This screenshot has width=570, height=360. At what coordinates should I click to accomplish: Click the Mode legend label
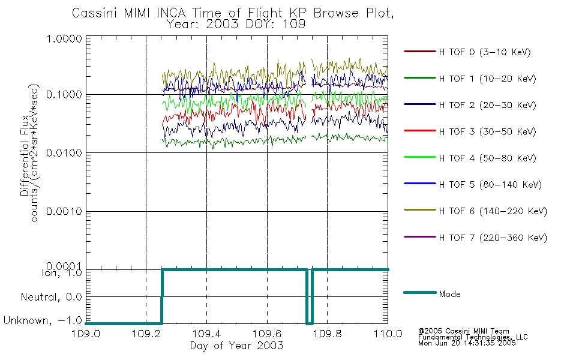pos(449,294)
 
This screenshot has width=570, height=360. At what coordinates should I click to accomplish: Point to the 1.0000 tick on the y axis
pos(64,38)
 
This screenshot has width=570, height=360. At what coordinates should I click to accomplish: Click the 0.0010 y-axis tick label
pos(64,211)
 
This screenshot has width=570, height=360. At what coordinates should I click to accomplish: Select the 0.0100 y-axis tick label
pos(64,153)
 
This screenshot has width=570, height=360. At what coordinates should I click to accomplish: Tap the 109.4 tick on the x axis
pos(206,334)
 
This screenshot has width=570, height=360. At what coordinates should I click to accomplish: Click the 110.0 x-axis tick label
pos(388,334)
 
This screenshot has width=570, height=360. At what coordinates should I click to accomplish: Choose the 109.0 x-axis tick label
pos(86,334)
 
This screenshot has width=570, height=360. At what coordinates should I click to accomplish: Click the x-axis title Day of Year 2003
pos(236,346)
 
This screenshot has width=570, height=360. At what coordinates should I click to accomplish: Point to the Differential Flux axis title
pos(25,155)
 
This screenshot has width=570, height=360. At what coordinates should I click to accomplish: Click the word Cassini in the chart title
pos(95,13)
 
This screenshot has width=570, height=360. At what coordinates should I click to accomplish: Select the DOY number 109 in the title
pos(295,25)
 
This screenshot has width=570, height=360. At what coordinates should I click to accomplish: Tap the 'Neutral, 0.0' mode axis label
pos(51,298)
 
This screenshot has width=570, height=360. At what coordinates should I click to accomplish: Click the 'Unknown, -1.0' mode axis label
pos(43,320)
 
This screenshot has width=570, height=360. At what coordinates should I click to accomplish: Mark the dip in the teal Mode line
pos(310,323)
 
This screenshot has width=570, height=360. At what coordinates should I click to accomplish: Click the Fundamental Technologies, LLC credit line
pos(473,337)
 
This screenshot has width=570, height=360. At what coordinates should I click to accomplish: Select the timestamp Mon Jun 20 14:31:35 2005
pos(467,343)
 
